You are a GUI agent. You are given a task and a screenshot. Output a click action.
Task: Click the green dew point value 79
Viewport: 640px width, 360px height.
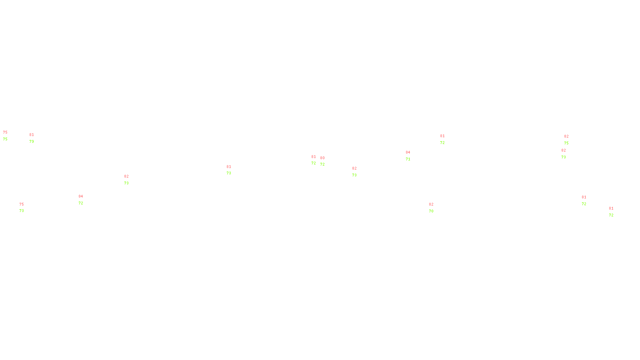coord(32,142)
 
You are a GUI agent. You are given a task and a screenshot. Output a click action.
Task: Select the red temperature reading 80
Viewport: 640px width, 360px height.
coord(322,158)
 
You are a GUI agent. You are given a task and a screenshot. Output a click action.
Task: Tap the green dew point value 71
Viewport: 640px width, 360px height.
coord(408,159)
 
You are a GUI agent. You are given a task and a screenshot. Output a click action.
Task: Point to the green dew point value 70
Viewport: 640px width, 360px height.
coord(431,211)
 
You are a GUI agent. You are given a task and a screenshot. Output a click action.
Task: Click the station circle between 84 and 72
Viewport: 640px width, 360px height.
coord(84,200)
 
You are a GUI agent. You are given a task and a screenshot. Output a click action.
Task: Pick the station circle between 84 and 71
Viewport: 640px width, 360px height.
coord(412,156)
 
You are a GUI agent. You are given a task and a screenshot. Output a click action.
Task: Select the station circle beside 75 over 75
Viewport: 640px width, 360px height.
coord(9,136)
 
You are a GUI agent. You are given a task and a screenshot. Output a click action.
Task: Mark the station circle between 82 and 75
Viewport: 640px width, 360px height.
coord(570,140)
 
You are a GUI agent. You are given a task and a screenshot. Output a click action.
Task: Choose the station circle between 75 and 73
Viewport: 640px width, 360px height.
coord(25,208)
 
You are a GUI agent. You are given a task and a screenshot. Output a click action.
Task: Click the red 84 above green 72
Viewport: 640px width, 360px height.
coord(81,196)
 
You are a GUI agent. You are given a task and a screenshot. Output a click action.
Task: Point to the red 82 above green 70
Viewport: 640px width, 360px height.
coord(431,204)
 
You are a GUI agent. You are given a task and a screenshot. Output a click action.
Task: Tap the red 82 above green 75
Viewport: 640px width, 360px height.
coord(566,136)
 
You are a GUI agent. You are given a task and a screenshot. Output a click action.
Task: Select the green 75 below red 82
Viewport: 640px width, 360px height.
coord(566,143)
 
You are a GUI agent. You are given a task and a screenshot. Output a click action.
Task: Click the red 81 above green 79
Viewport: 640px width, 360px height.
coord(32,135)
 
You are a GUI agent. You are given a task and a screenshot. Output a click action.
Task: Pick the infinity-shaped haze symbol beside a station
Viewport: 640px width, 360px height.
coord(230,170)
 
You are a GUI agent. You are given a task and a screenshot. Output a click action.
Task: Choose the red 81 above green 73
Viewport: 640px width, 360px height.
coord(229,167)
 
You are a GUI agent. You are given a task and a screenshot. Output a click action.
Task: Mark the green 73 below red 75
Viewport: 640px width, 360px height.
coord(22,211)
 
